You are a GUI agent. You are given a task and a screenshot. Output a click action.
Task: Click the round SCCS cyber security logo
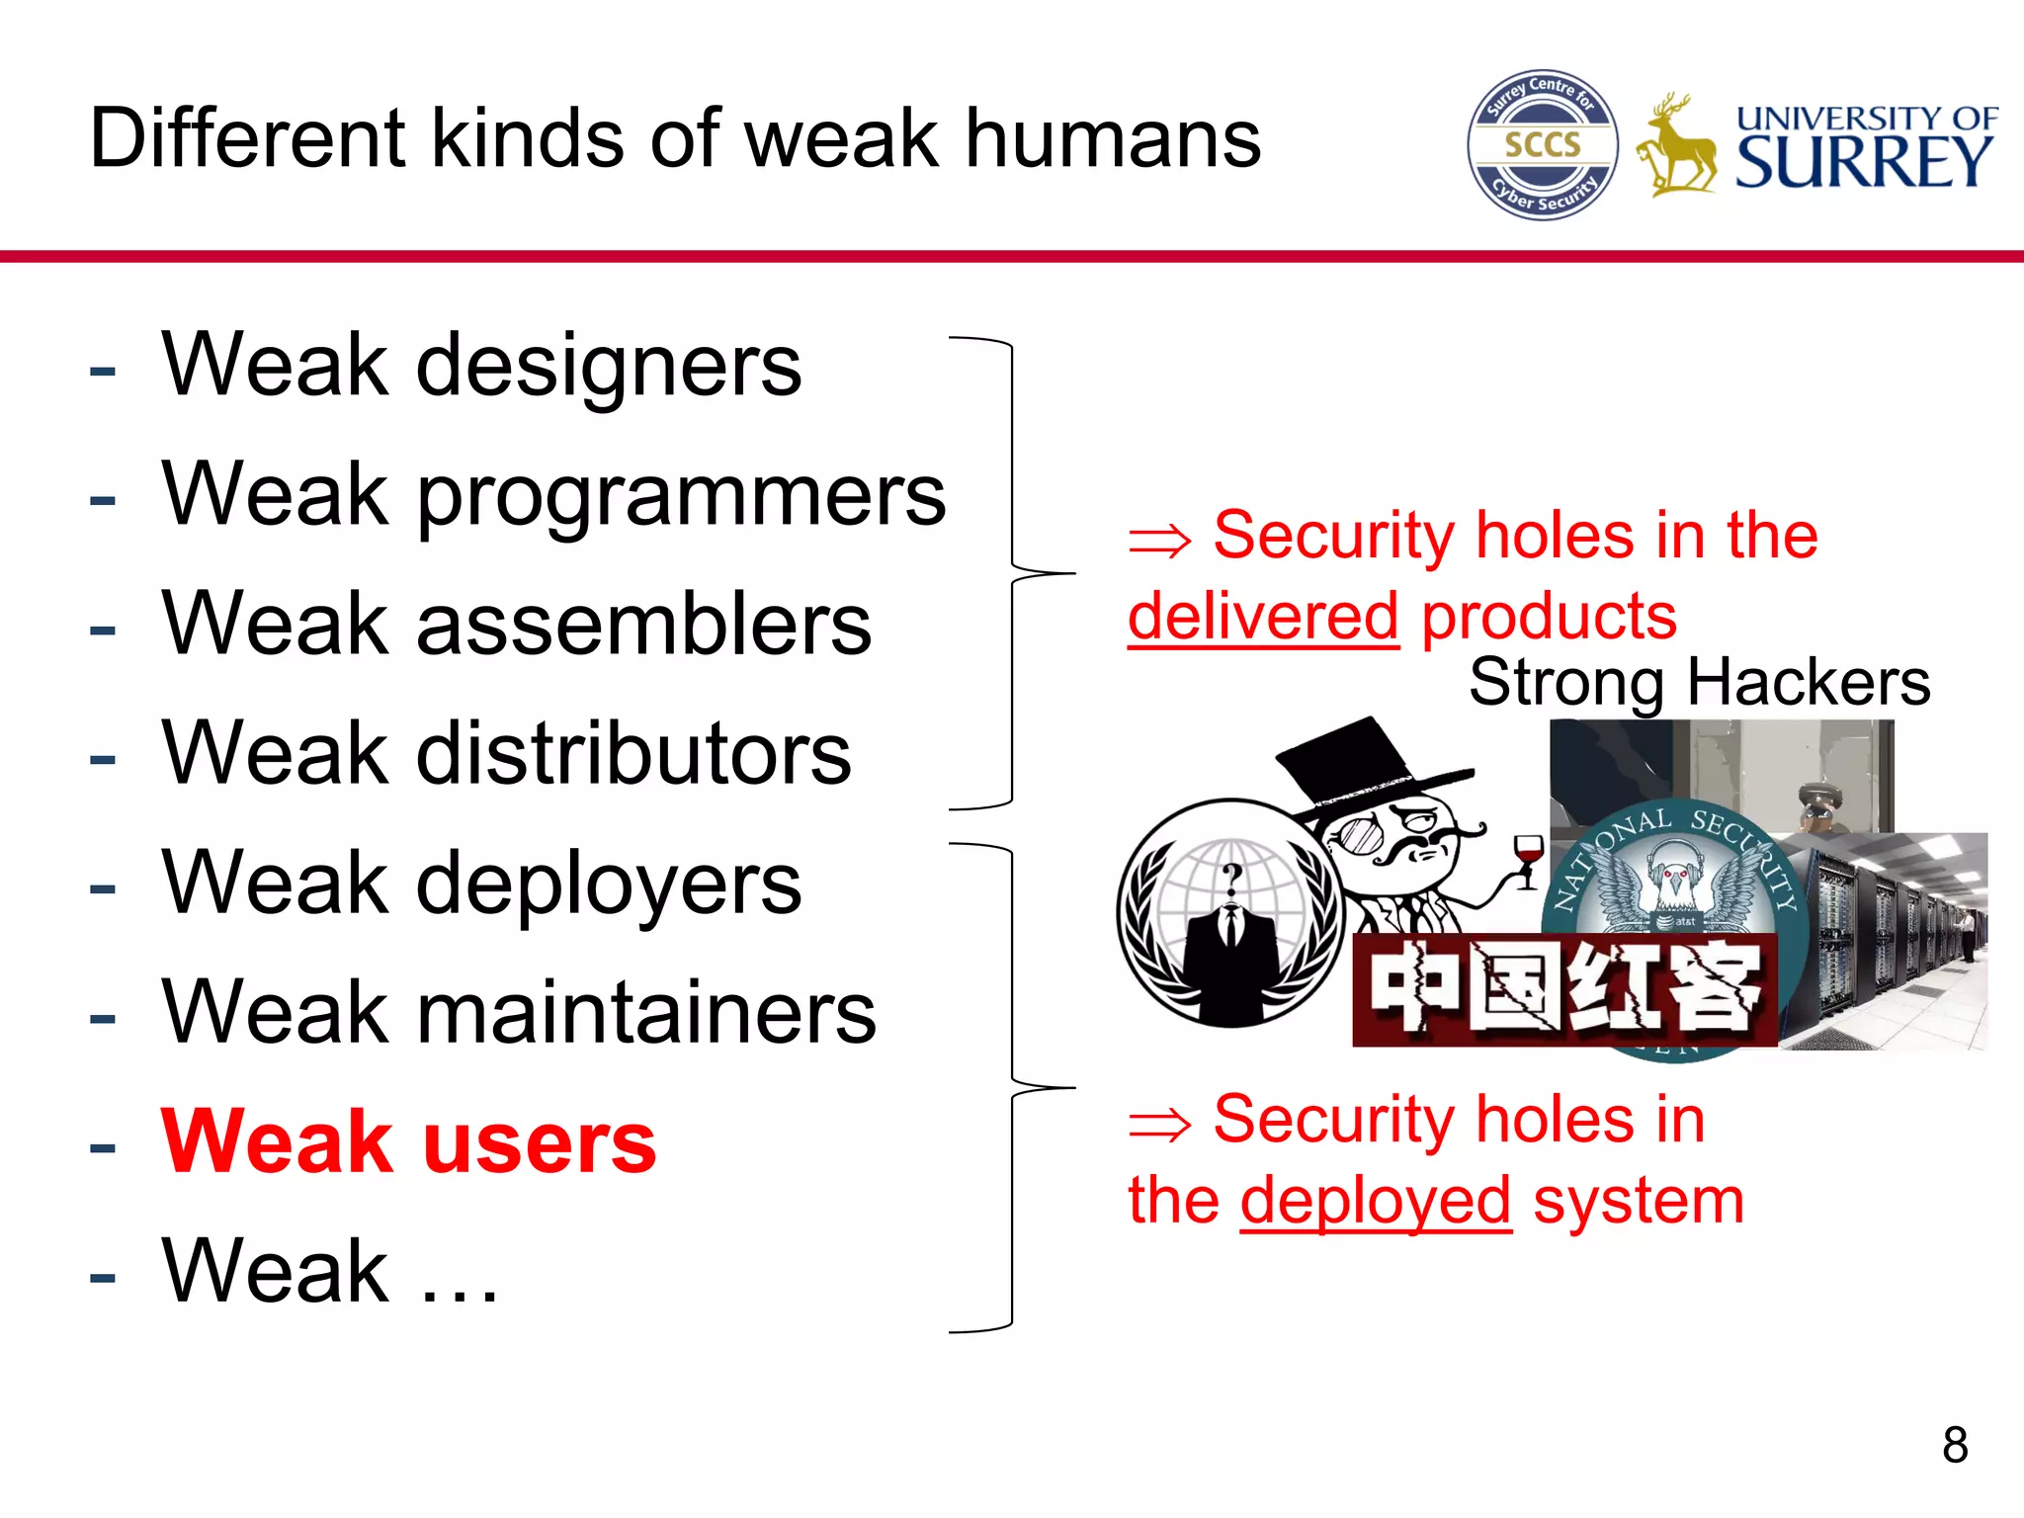click(x=1543, y=145)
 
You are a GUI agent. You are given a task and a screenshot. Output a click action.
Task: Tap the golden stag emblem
click(x=1676, y=148)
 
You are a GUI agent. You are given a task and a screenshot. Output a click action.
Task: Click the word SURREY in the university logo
click(x=1865, y=162)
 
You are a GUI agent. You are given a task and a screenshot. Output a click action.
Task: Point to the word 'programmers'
click(x=681, y=496)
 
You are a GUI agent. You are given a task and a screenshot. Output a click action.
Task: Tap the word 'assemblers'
click(x=644, y=625)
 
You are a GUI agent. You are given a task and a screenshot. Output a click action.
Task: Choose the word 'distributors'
click(x=633, y=753)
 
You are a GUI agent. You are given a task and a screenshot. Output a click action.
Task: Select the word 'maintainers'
click(x=646, y=1012)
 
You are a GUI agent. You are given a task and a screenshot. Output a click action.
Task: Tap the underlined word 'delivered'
click(x=1263, y=617)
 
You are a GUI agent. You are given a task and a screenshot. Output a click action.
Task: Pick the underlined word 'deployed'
click(x=1376, y=1202)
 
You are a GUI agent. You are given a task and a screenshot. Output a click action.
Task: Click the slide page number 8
click(x=1955, y=1445)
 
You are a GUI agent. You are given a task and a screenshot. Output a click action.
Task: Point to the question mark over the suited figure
click(x=1231, y=876)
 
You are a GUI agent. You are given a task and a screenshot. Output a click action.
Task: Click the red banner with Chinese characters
click(x=1564, y=989)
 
